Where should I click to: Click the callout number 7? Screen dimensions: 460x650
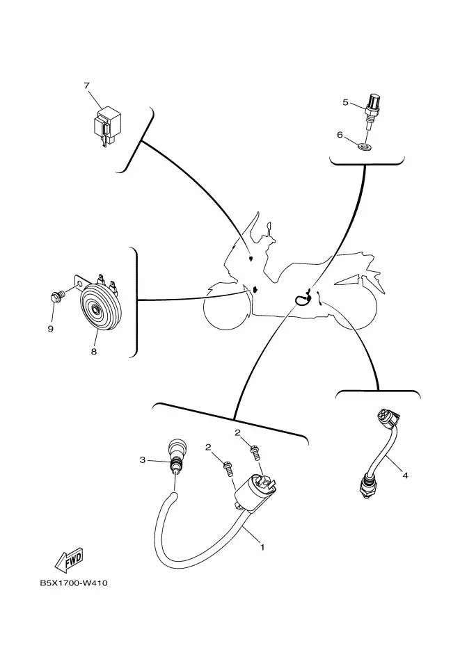87,86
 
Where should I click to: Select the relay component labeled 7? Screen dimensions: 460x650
105,124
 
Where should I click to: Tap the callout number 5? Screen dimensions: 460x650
345,102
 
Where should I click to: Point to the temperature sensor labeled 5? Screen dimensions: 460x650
372,108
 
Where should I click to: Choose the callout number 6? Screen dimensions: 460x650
340,135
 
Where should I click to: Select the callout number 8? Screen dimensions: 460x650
94,352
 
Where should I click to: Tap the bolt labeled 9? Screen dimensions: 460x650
56,296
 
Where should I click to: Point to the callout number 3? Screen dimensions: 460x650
142,460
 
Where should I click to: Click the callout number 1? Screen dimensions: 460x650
262,547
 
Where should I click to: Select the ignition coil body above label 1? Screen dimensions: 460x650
254,494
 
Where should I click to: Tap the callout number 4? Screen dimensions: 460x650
405,476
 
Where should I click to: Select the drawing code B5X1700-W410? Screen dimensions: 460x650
73,583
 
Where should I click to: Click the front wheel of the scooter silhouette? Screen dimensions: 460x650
226,304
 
